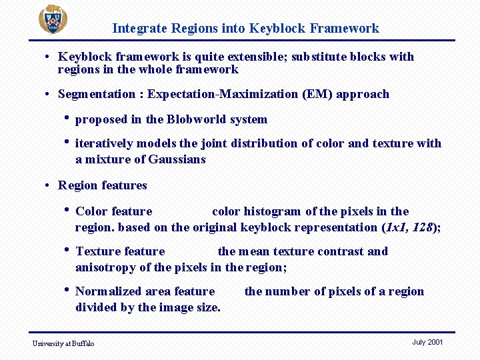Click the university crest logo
click(x=52, y=19)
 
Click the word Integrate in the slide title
click(x=139, y=28)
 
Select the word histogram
click(x=273, y=211)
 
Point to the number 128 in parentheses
click(x=423, y=227)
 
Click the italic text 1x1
click(x=396, y=227)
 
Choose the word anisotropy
click(x=105, y=267)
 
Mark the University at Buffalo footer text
click(x=63, y=343)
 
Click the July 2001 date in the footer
click(x=427, y=342)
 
